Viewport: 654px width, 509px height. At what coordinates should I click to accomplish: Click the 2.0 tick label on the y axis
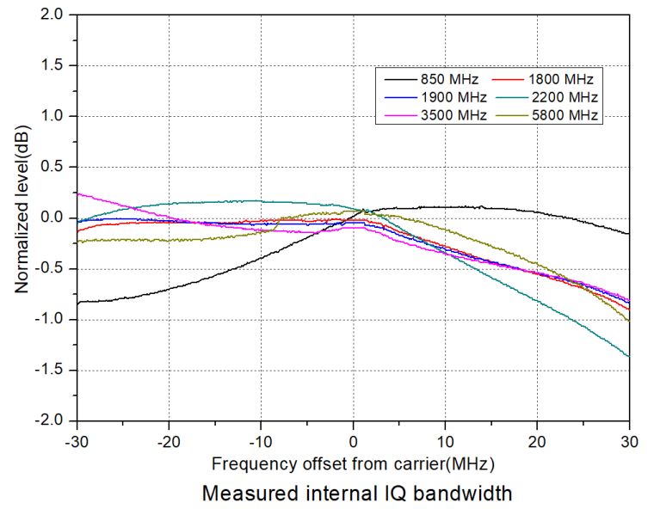pos(54,15)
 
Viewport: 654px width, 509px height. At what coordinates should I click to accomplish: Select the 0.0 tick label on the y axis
pos(54,218)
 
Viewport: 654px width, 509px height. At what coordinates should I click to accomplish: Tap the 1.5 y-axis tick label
pos(54,65)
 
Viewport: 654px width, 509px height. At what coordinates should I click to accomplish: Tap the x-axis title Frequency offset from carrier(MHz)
pos(353,464)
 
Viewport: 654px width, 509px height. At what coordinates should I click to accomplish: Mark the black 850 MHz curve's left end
pos(78,303)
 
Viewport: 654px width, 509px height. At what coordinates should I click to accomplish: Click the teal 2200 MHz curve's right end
pos(628,356)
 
